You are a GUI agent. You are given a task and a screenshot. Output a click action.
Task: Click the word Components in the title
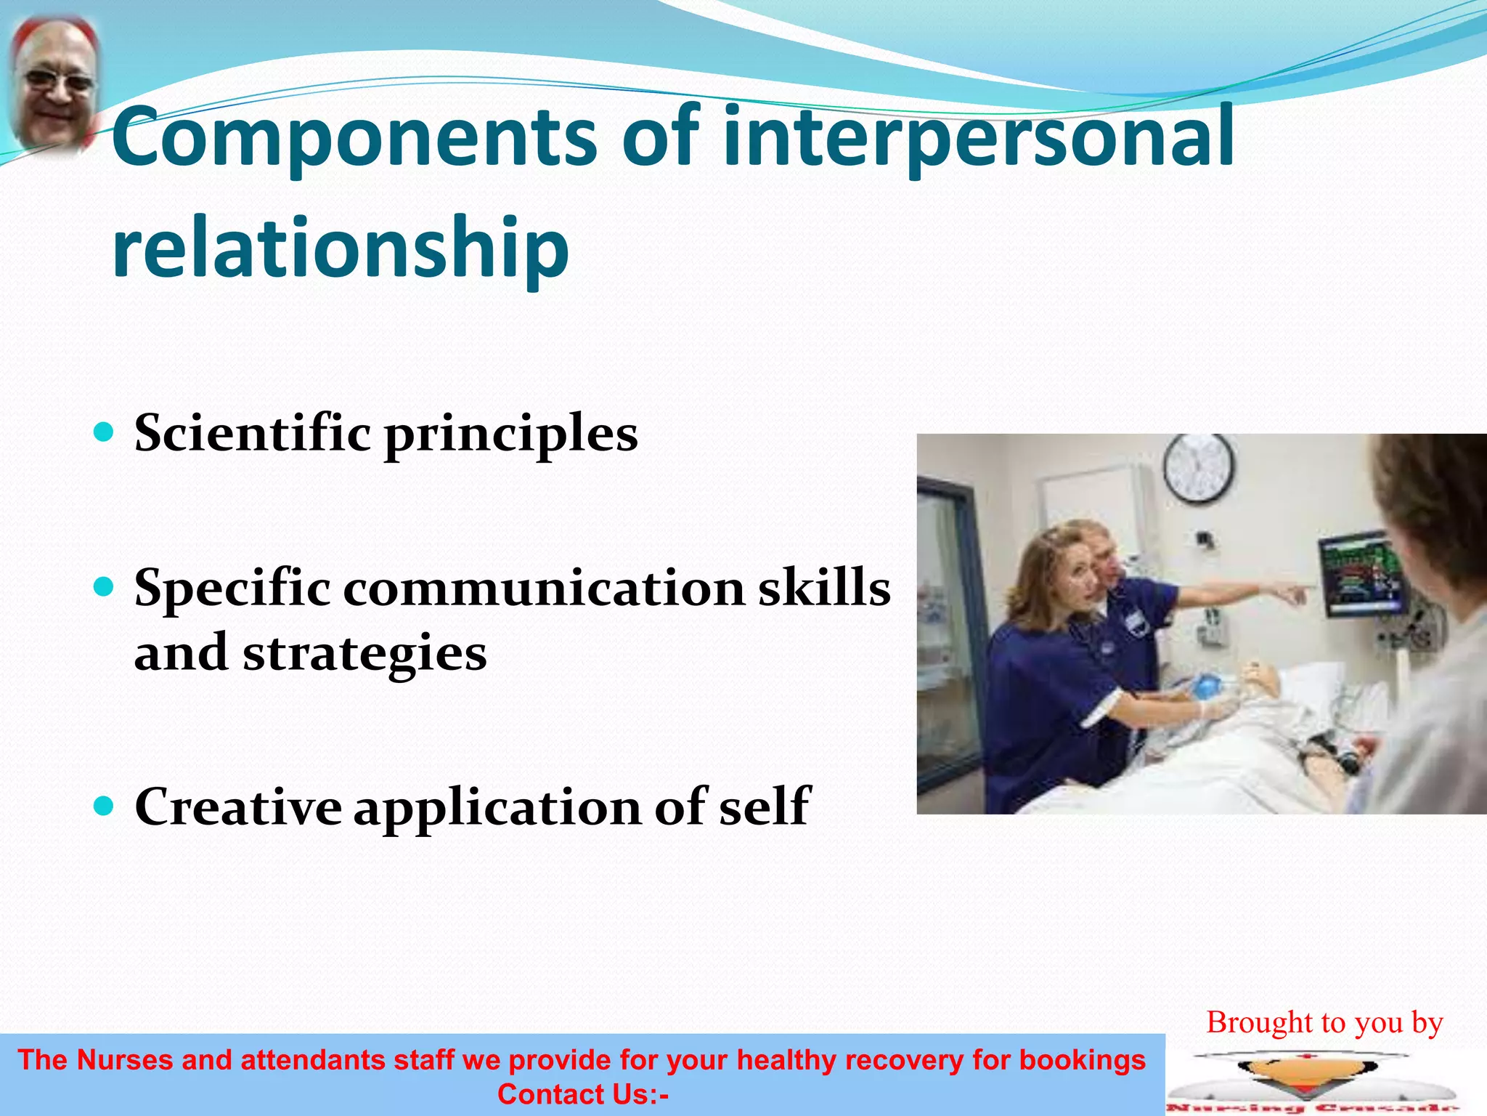point(354,138)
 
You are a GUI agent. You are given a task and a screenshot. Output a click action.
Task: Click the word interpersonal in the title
point(978,138)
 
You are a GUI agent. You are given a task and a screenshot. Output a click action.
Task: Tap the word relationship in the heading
point(340,248)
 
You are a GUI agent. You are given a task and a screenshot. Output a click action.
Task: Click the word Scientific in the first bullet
point(253,433)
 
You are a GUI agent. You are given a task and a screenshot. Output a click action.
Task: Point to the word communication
point(544,589)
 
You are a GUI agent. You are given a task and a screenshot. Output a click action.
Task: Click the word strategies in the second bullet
point(364,652)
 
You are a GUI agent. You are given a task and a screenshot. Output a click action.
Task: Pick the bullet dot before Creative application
point(105,806)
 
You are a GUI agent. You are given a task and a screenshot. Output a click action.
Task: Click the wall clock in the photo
point(1198,469)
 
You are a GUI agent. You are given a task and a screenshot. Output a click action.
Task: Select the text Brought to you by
point(1324,1022)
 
